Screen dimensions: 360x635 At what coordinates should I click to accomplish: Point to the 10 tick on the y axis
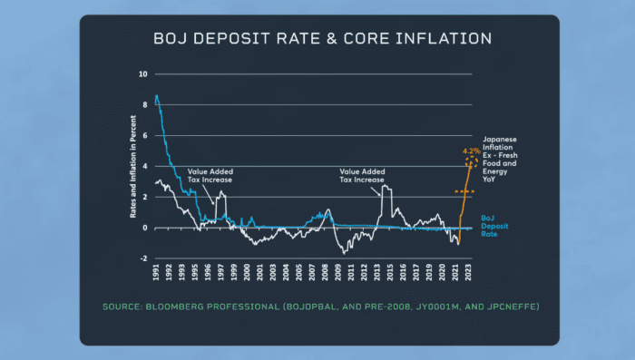point(142,74)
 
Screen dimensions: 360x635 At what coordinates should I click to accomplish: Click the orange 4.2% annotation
point(471,151)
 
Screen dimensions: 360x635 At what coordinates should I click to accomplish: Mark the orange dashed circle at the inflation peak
point(471,163)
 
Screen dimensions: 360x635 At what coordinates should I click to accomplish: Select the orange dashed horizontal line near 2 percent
point(464,192)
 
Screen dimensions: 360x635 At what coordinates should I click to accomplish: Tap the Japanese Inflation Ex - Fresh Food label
point(504,151)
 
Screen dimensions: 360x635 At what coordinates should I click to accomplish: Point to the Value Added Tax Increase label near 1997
point(210,174)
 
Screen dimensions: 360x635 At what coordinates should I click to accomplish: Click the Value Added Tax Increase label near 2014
point(362,174)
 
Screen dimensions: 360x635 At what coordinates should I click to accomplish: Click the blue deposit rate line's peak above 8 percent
point(156,96)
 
